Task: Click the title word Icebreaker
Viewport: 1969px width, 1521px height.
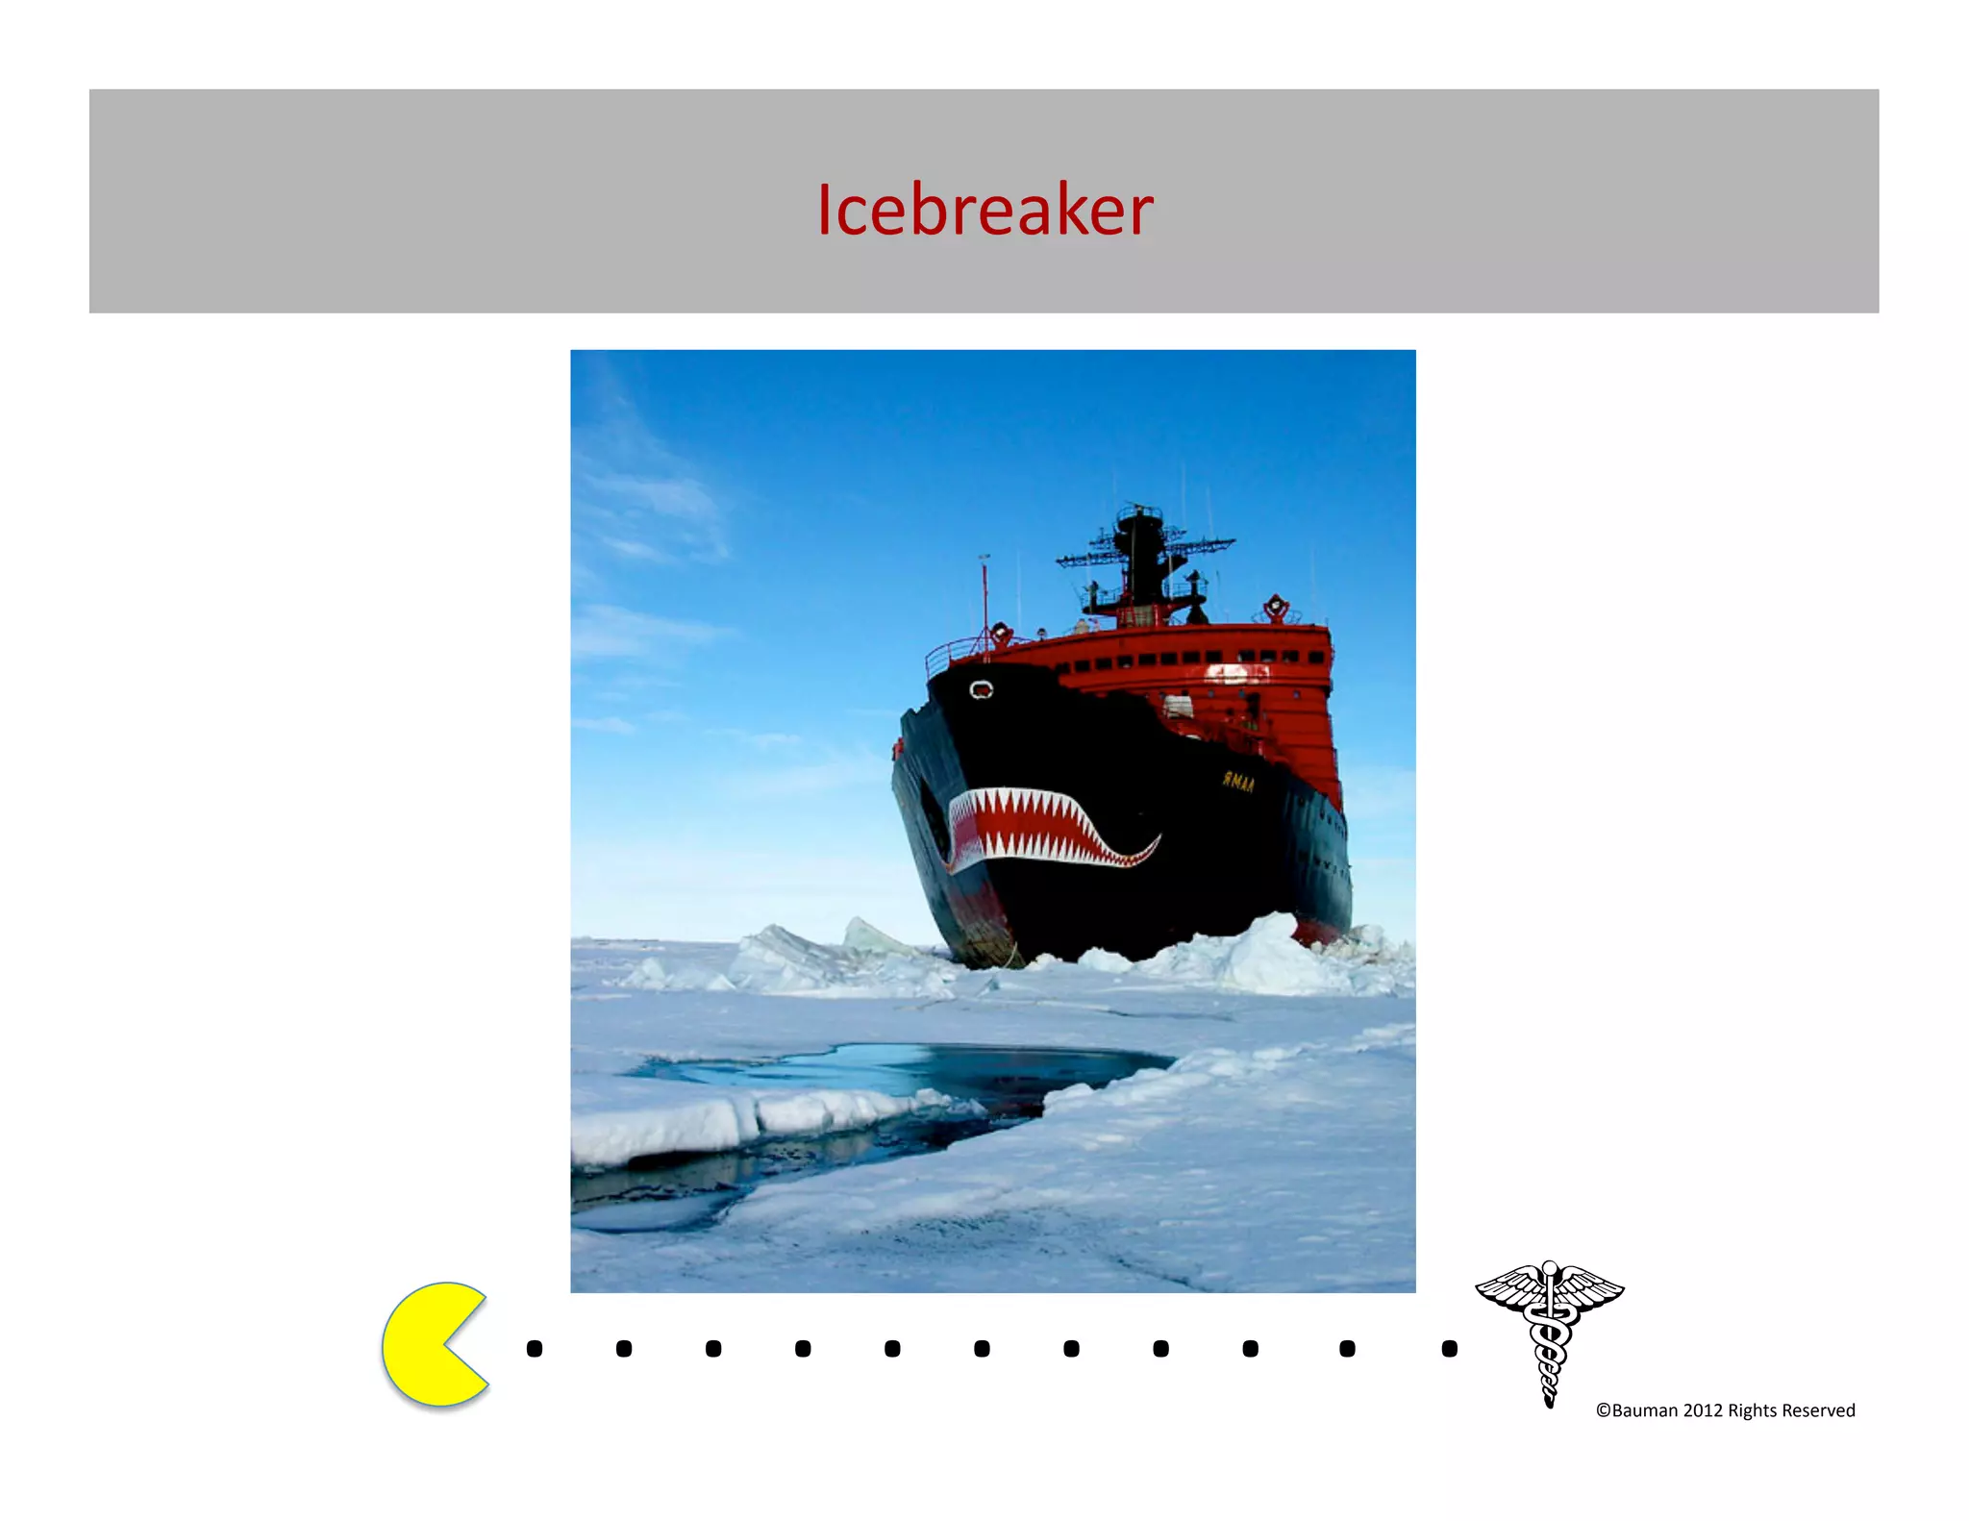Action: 984,210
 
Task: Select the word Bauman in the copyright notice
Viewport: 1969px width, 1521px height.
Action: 1644,1410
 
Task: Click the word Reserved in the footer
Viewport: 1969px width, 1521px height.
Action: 1818,1410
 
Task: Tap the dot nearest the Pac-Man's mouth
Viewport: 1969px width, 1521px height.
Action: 535,1349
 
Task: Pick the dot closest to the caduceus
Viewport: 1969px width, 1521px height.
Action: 1450,1349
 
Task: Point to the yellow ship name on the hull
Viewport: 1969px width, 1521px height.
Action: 1238,782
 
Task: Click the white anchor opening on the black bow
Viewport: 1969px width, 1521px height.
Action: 981,689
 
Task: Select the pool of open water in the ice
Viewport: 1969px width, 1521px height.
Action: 913,1067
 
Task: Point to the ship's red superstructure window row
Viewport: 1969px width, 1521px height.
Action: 1192,659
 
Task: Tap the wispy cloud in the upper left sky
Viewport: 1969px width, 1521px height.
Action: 654,500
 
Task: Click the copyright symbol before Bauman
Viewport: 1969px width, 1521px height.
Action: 1603,1410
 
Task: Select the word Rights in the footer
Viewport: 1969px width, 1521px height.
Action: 1752,1410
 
